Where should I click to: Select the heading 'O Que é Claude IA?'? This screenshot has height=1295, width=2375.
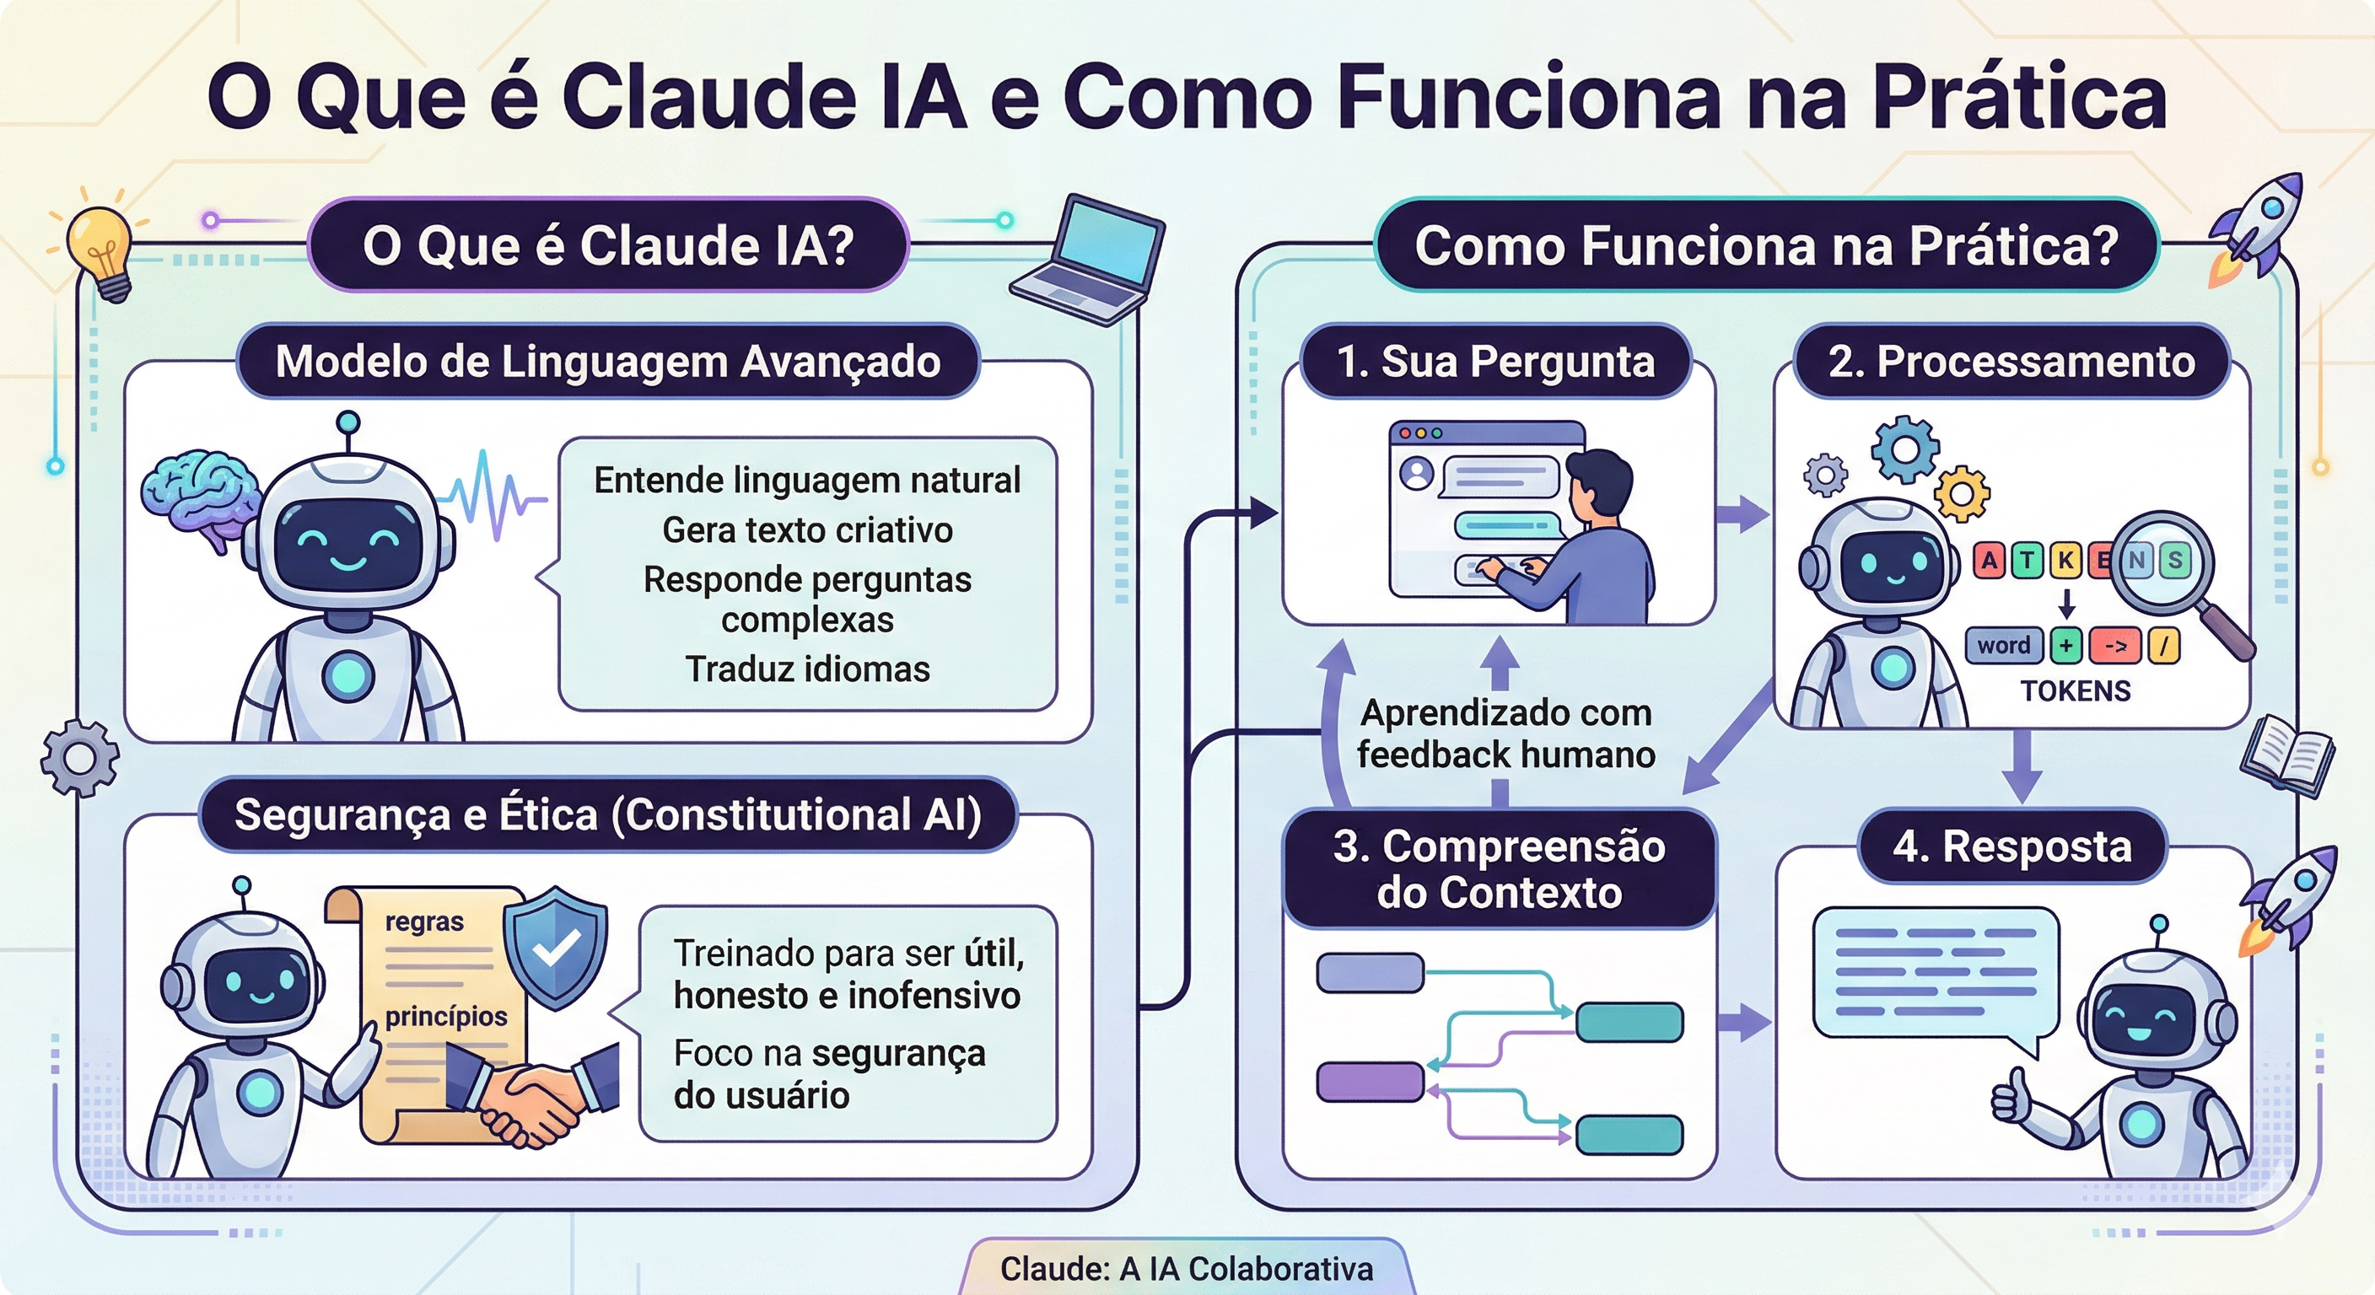coord(608,246)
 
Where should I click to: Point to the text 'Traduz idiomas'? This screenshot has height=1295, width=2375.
coord(807,669)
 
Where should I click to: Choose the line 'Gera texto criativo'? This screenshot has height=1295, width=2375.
coord(807,530)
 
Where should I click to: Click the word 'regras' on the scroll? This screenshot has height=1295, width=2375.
coord(424,922)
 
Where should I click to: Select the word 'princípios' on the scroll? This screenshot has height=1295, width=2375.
coord(446,1016)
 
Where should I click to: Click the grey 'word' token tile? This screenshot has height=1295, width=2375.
coord(2002,645)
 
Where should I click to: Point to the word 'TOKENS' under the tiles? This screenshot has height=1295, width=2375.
coord(2076,691)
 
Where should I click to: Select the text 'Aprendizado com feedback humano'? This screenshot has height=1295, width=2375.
coord(1505,733)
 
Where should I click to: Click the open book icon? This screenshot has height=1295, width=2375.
coord(2286,755)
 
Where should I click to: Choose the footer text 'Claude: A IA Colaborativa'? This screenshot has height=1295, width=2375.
coord(1187,1269)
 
